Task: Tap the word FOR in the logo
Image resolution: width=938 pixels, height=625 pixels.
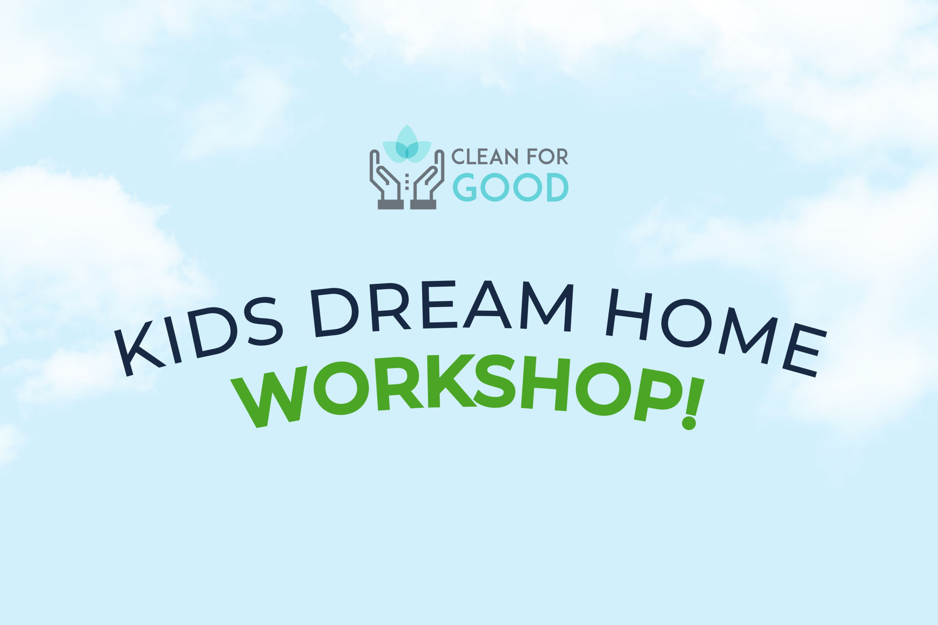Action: (547, 156)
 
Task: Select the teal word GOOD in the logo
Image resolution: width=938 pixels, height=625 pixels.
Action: (510, 187)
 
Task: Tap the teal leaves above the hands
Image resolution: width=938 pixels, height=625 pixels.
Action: (407, 144)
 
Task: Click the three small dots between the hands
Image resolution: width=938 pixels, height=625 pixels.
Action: (407, 181)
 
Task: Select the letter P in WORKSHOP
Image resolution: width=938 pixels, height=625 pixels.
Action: (658, 395)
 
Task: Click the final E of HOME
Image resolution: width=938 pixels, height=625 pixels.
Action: (804, 350)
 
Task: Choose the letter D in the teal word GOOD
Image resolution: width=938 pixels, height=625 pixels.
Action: (558, 187)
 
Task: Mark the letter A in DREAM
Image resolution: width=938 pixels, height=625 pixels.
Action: (487, 305)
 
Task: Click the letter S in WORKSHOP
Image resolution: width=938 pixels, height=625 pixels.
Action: (495, 381)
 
